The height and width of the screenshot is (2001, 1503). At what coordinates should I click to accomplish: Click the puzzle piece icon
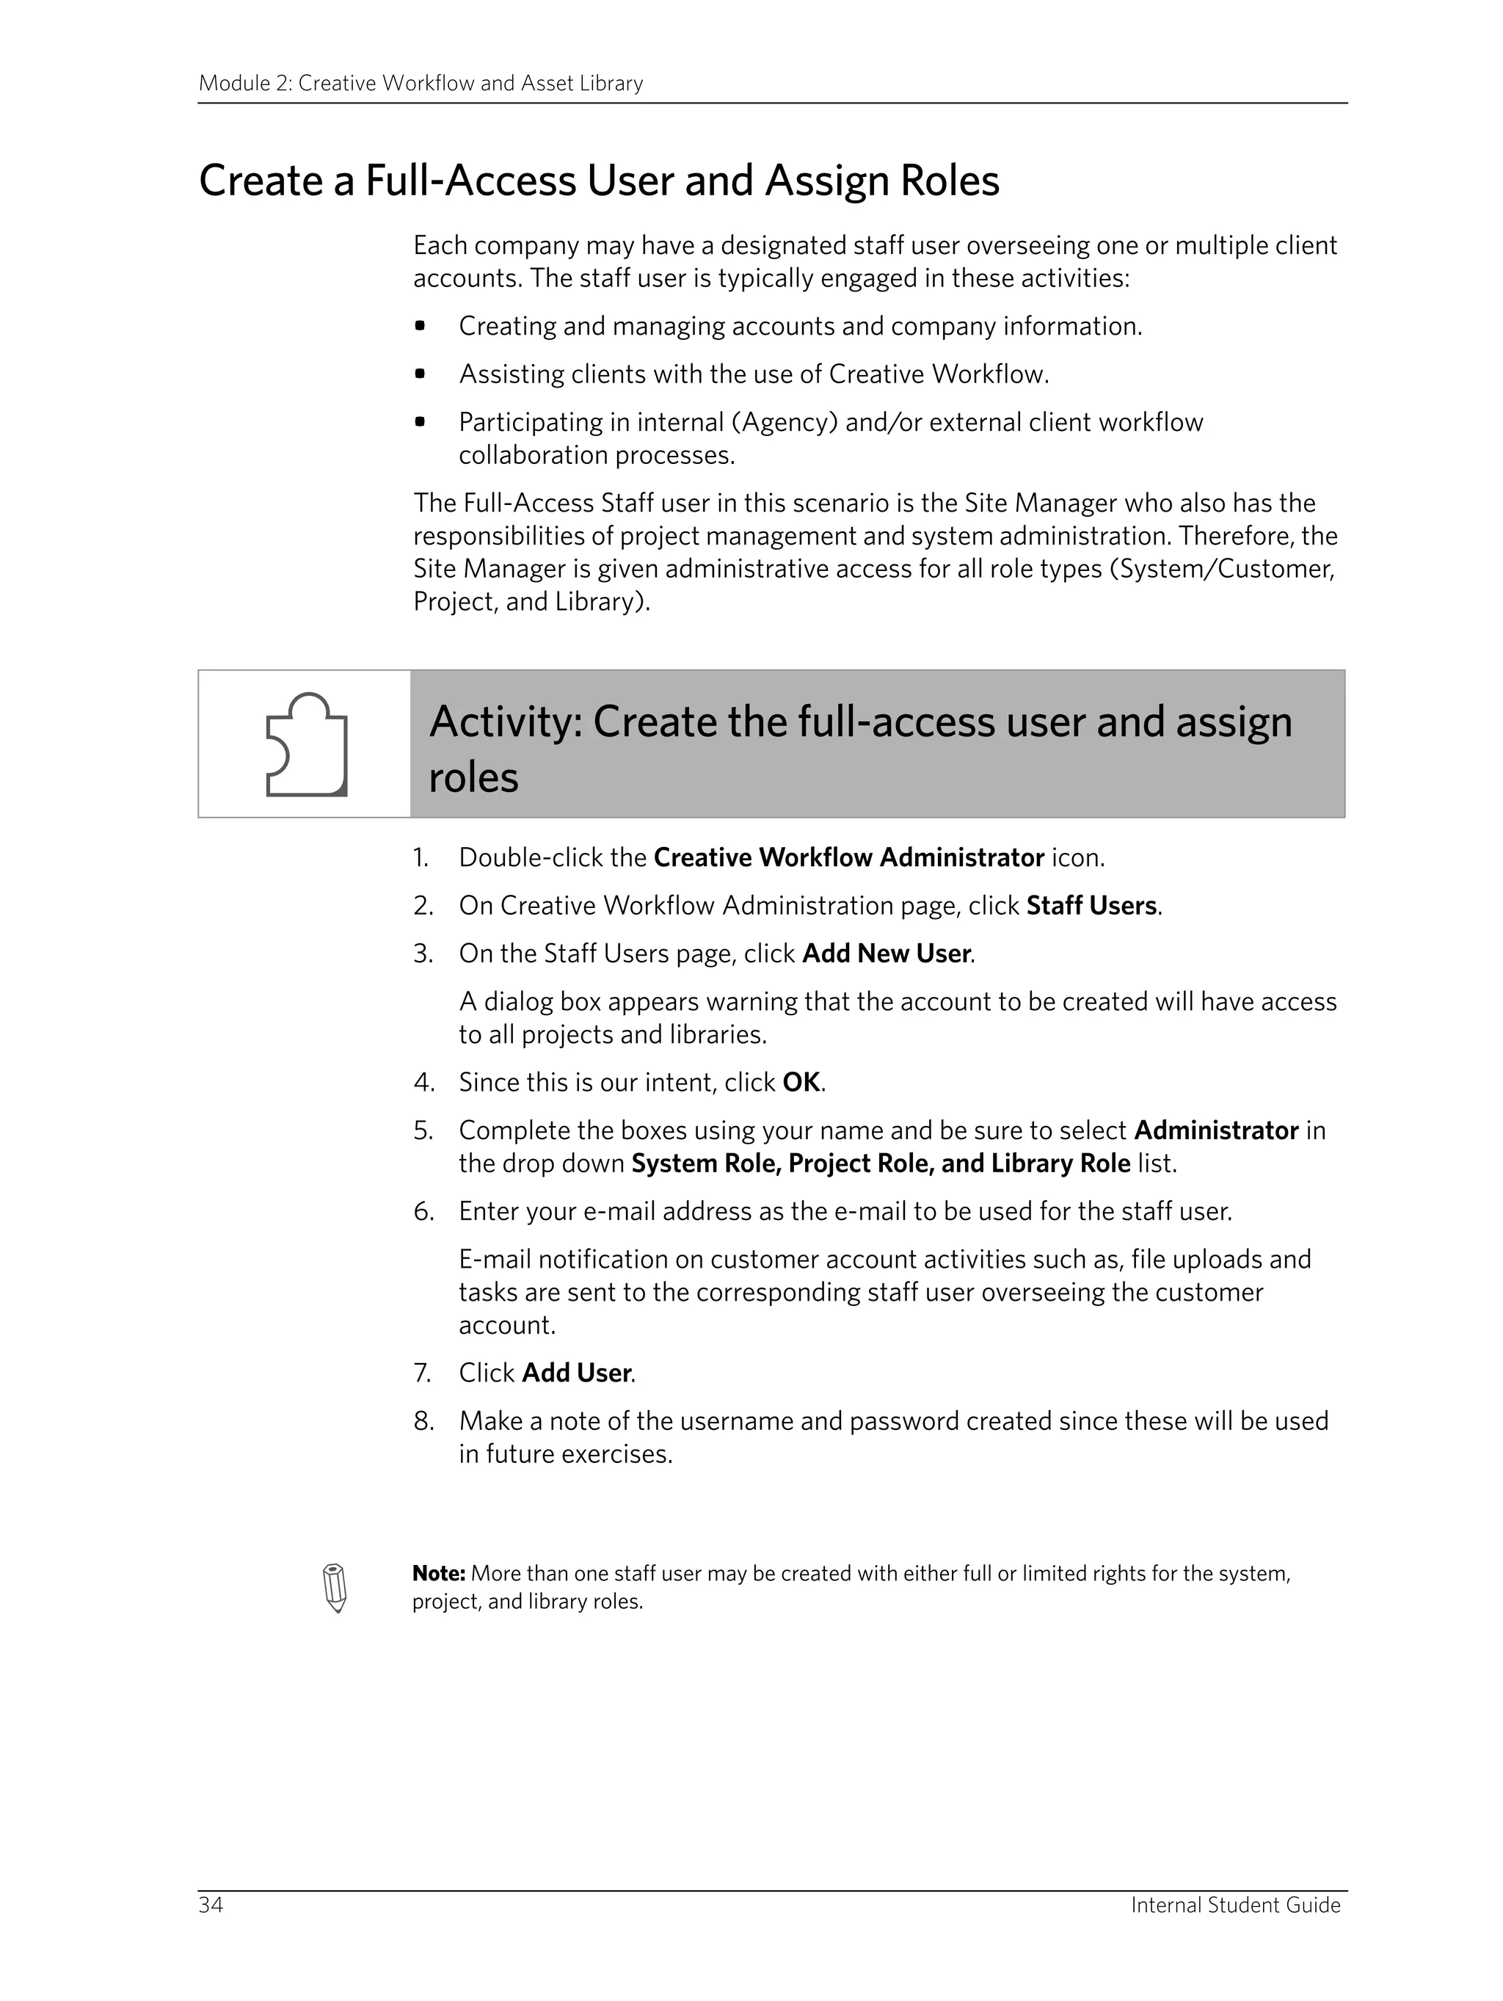point(306,744)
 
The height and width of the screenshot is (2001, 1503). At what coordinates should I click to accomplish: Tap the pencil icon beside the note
point(335,1588)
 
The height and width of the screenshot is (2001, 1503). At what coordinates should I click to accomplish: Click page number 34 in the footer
point(211,1904)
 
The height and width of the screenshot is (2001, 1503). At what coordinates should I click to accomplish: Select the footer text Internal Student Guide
point(1234,1904)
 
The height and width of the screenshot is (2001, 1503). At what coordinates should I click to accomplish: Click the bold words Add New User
point(887,954)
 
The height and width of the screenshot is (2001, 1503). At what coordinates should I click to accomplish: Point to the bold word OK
point(801,1082)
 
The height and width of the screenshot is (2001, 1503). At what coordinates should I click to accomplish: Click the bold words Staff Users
point(1091,906)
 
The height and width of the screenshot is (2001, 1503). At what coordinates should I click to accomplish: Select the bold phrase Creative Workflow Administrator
point(848,857)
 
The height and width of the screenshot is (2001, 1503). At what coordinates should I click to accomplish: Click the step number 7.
point(421,1373)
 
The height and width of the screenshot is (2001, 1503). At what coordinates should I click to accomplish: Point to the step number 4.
point(421,1082)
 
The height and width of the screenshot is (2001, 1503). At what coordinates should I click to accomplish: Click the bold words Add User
point(576,1373)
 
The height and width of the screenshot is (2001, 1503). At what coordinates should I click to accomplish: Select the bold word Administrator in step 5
point(1215,1130)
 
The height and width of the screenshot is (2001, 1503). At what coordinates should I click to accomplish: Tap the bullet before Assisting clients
point(420,374)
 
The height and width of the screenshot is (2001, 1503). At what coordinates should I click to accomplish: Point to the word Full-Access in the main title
point(470,180)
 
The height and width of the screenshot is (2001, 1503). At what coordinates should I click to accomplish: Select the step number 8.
point(422,1421)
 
